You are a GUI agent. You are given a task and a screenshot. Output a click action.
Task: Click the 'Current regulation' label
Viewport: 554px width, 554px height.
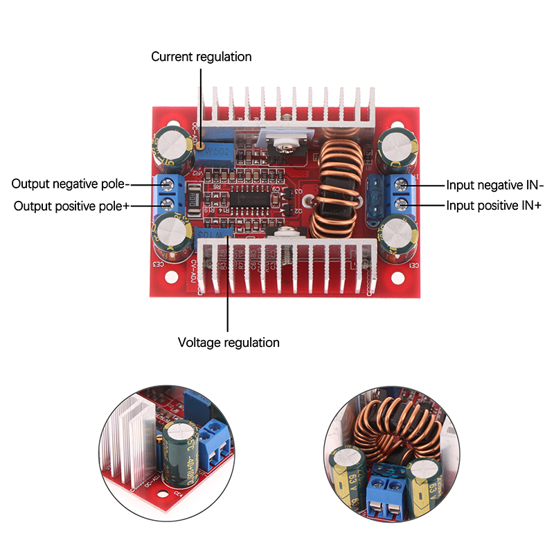click(202, 57)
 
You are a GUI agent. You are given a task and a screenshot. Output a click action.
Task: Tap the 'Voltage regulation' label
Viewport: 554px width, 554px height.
click(229, 342)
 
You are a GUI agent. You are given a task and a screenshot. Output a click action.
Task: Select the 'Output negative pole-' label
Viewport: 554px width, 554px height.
click(71, 184)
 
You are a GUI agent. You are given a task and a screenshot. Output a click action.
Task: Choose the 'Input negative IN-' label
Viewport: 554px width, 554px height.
click(494, 185)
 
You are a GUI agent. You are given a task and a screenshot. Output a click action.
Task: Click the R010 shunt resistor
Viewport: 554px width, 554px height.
click(193, 196)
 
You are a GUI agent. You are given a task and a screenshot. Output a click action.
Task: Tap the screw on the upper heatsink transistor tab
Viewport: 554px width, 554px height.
click(284, 145)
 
